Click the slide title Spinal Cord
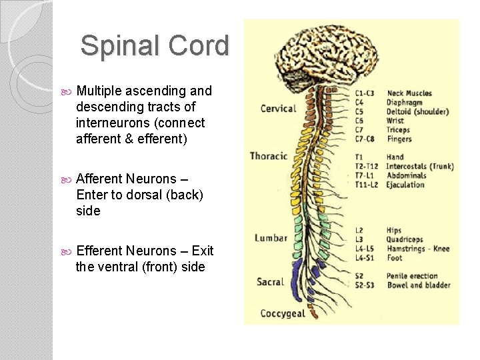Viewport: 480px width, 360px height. click(x=155, y=46)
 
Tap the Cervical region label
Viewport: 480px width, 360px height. click(x=278, y=109)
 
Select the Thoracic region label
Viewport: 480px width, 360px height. click(x=269, y=156)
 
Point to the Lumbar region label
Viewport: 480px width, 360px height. click(x=271, y=238)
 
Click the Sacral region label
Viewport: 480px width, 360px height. click(x=270, y=282)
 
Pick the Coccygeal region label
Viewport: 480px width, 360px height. click(x=283, y=313)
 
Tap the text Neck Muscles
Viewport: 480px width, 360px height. click(x=409, y=93)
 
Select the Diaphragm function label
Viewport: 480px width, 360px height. click(x=405, y=103)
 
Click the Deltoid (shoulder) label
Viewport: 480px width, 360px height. click(x=417, y=111)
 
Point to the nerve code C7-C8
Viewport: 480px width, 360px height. click(x=365, y=139)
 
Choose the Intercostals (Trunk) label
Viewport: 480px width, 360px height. click(x=419, y=167)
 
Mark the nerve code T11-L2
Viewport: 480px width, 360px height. click(x=367, y=185)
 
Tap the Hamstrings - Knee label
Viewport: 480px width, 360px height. click(x=418, y=249)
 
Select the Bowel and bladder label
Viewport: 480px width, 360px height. click(x=418, y=285)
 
